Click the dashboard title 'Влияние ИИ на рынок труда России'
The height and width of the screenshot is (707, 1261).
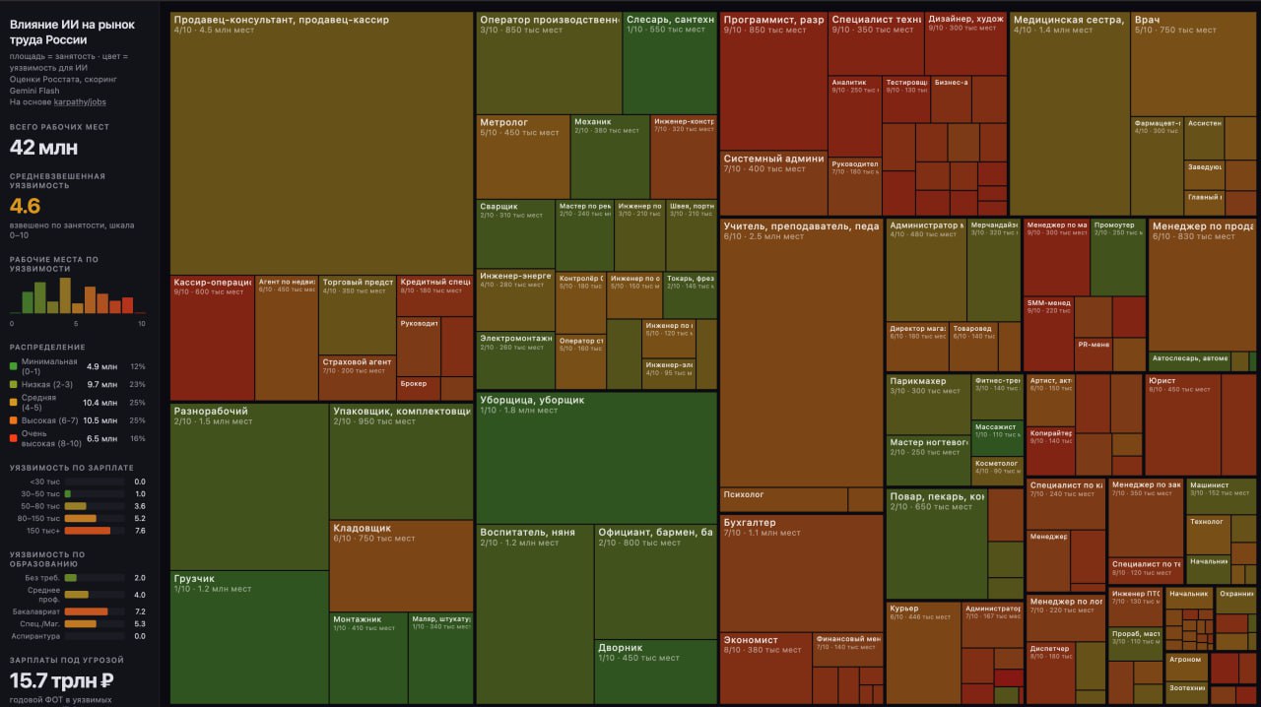pyautogui.click(x=72, y=32)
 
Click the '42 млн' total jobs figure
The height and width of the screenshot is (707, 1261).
pyautogui.click(x=43, y=148)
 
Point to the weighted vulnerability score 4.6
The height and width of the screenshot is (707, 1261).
pyautogui.click(x=25, y=206)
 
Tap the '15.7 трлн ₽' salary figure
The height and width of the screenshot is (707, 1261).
pyautogui.click(x=61, y=679)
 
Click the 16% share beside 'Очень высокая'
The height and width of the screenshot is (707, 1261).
pyautogui.click(x=137, y=438)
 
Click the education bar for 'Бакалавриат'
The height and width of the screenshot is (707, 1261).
pyautogui.click(x=86, y=611)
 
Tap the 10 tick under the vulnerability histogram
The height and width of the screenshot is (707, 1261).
pyautogui.click(x=141, y=323)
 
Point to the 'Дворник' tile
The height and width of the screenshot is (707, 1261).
pyautogui.click(x=655, y=670)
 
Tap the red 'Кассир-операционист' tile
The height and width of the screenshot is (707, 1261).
pyautogui.click(x=212, y=335)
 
